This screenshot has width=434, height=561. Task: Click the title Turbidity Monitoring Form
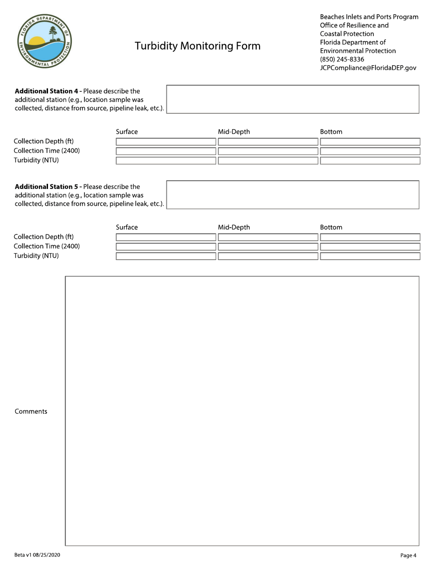[x=197, y=46]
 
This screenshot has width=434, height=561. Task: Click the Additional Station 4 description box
[x=293, y=99]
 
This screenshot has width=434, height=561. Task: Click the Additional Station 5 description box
[x=293, y=195]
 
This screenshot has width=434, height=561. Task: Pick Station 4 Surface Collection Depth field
[x=166, y=142]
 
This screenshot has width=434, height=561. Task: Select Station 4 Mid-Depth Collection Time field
[x=268, y=151]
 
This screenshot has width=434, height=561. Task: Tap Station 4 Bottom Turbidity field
[x=370, y=161]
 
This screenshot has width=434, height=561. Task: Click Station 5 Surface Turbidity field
[x=166, y=256]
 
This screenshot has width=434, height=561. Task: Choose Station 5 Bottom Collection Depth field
[x=370, y=237]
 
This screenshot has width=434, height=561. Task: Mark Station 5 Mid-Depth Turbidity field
[x=268, y=256]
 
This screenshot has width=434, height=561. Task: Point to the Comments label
[x=31, y=411]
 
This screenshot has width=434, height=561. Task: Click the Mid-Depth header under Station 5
[x=234, y=227]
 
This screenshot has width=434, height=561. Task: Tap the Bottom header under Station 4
[x=331, y=132]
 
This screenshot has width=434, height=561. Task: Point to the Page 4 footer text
[x=408, y=555]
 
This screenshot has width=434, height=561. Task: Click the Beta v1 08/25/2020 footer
[x=37, y=555]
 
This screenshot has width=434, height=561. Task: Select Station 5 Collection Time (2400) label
[x=47, y=246]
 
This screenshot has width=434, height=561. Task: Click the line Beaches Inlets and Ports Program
[x=369, y=17]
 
